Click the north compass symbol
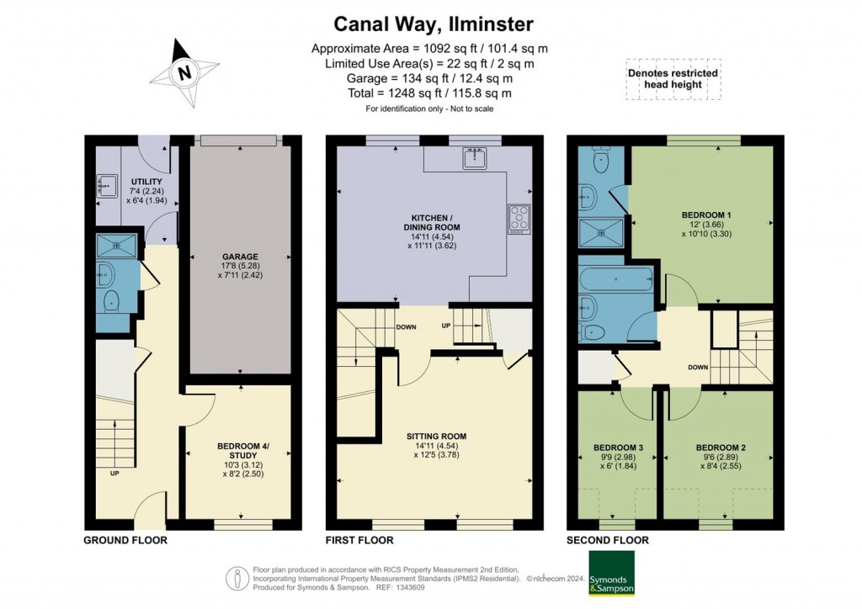click(x=184, y=73)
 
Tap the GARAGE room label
click(x=241, y=257)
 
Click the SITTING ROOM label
click(x=434, y=436)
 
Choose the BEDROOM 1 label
click(x=705, y=215)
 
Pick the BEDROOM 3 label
click(x=619, y=447)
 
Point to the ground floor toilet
click(x=110, y=301)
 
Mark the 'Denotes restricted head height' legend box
click(x=673, y=79)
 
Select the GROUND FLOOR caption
click(x=125, y=540)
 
